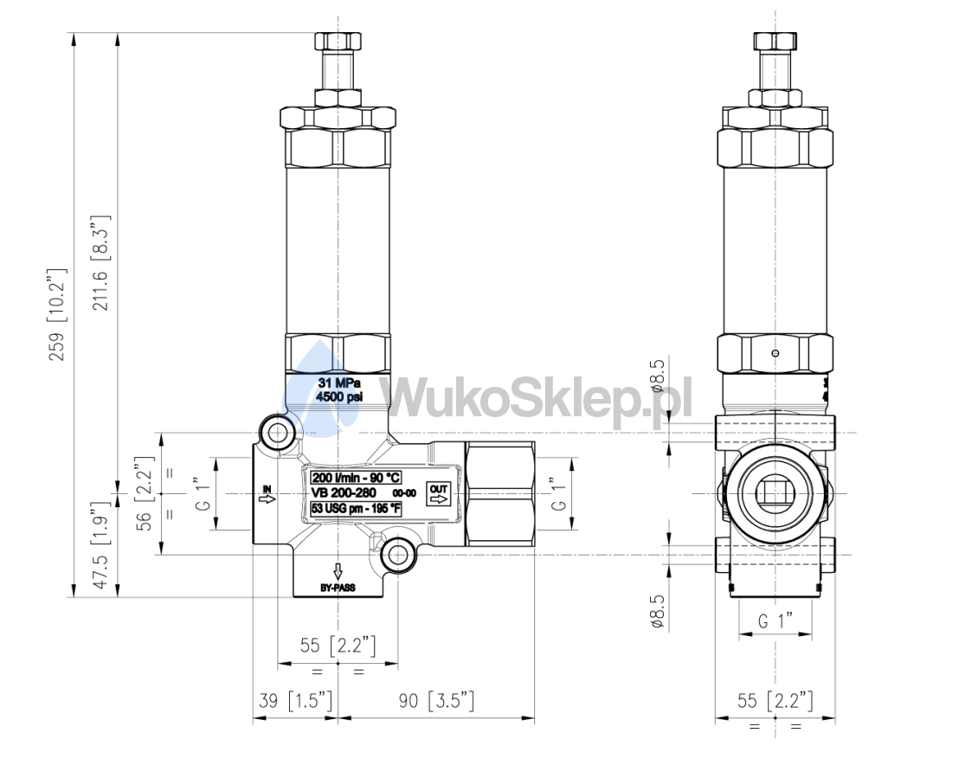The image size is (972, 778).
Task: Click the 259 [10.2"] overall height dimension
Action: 57,315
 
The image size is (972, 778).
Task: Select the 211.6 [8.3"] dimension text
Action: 100,263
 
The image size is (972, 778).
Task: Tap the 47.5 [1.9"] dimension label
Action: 100,545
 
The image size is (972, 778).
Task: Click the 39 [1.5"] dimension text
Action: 295,700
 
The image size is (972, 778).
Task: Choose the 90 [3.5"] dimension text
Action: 436,700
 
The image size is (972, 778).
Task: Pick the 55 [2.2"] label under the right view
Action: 775,700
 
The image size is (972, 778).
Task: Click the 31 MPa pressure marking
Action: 339,383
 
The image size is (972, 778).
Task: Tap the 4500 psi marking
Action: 339,397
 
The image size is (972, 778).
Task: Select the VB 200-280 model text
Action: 344,492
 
